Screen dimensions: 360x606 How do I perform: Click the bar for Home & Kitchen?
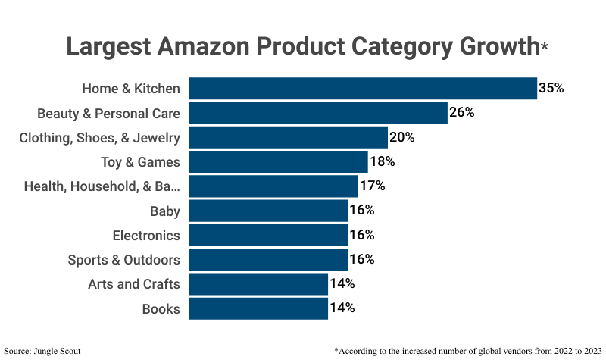(362, 89)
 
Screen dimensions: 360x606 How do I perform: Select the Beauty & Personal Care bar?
(317, 113)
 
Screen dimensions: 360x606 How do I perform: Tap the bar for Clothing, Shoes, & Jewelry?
(288, 138)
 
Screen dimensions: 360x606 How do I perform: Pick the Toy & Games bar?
(278, 162)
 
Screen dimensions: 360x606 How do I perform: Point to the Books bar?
(258, 308)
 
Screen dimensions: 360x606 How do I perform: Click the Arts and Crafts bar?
(258, 284)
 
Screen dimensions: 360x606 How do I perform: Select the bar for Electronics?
(267, 236)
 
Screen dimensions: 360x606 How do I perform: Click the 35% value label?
(551, 88)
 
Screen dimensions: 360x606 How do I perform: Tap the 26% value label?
(461, 113)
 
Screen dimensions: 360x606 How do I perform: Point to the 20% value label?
(401, 138)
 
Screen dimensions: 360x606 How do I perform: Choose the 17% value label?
(372, 186)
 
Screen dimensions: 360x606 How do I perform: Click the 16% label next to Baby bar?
(361, 210)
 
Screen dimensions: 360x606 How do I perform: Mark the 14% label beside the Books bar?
(342, 308)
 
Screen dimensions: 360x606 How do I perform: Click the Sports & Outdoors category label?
(123, 260)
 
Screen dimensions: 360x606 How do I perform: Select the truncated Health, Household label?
(102, 186)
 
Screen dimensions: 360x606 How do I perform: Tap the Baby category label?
(164, 211)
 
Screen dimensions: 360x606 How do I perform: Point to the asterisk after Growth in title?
(545, 47)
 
